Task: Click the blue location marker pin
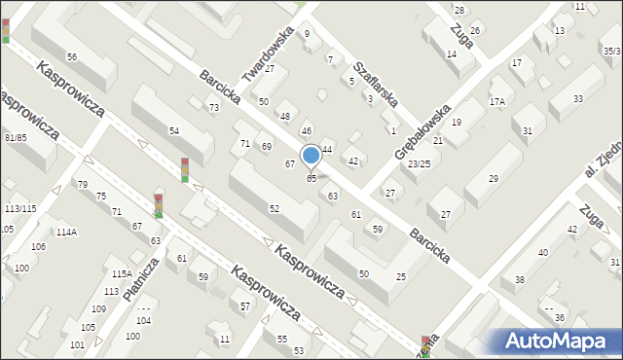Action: (x=311, y=156)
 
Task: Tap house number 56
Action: (x=72, y=57)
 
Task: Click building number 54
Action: (x=174, y=130)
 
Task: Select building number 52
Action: (x=275, y=208)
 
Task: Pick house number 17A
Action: (x=497, y=101)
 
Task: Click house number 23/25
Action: (x=420, y=163)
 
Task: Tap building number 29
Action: (x=494, y=178)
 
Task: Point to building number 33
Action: (x=578, y=99)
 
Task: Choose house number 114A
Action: (x=66, y=232)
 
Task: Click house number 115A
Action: (x=122, y=273)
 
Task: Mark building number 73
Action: (x=213, y=107)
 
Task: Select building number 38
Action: (x=520, y=279)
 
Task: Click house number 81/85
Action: (x=15, y=137)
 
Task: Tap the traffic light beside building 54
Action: (x=185, y=169)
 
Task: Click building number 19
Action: (x=456, y=122)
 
